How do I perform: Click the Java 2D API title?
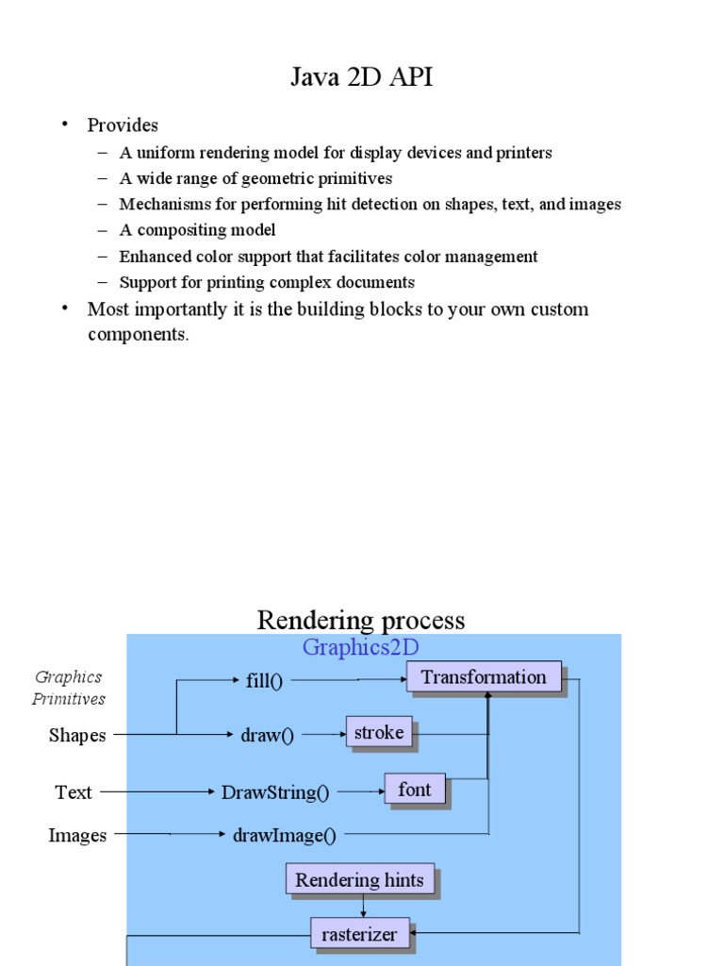coord(362,77)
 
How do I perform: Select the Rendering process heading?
coord(361,620)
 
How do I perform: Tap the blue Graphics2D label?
coord(360,647)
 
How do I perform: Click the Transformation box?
coord(484,676)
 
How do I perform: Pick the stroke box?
coord(379,732)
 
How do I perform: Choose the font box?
coord(414,789)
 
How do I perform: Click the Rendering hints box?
coord(359,880)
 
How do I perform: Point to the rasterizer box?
coord(360,934)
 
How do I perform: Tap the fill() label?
coord(264,681)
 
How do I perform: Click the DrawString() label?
coord(275,792)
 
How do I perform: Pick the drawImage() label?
coord(284,835)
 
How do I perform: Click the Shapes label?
coord(77,736)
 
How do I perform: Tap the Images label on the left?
coord(77,835)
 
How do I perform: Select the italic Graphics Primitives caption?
coord(69,688)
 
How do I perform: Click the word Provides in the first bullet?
coord(123,125)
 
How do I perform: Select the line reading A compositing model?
coord(197,230)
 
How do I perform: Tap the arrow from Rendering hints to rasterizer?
coord(363,906)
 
